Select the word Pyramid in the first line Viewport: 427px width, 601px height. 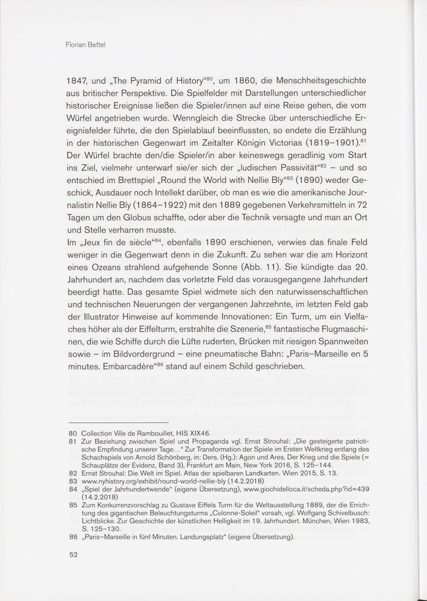[x=155, y=81]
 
